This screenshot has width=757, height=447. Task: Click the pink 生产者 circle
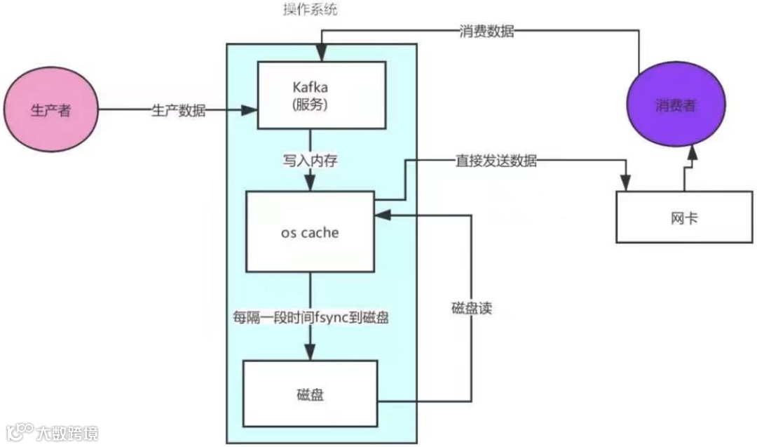coord(52,110)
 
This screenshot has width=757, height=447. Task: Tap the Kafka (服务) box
coord(322,95)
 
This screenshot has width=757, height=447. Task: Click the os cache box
coord(309,232)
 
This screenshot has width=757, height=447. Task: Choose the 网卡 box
coord(683,218)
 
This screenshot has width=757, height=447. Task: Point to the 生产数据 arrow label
coord(179,111)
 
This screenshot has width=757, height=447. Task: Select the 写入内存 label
coord(311,160)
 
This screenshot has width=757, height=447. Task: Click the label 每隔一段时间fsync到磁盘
coord(311,317)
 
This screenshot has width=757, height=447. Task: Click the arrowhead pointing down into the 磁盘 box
coord(310,354)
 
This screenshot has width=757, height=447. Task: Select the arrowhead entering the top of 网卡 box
coord(624,184)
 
